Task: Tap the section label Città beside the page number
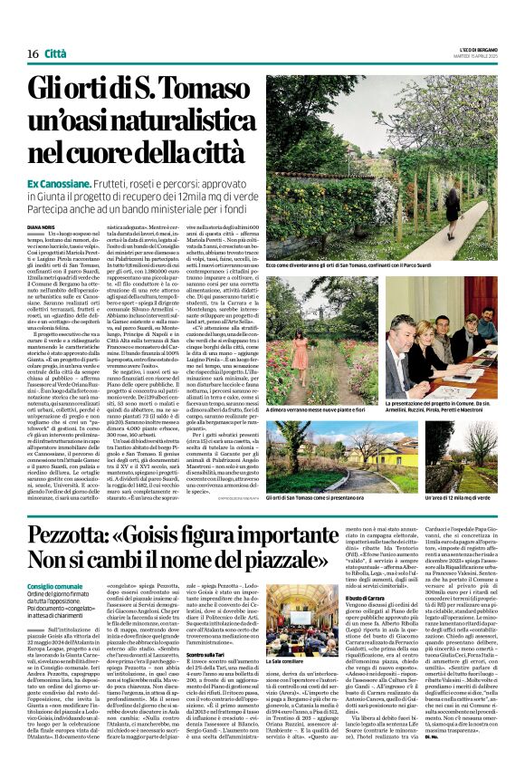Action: [x=55, y=53]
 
